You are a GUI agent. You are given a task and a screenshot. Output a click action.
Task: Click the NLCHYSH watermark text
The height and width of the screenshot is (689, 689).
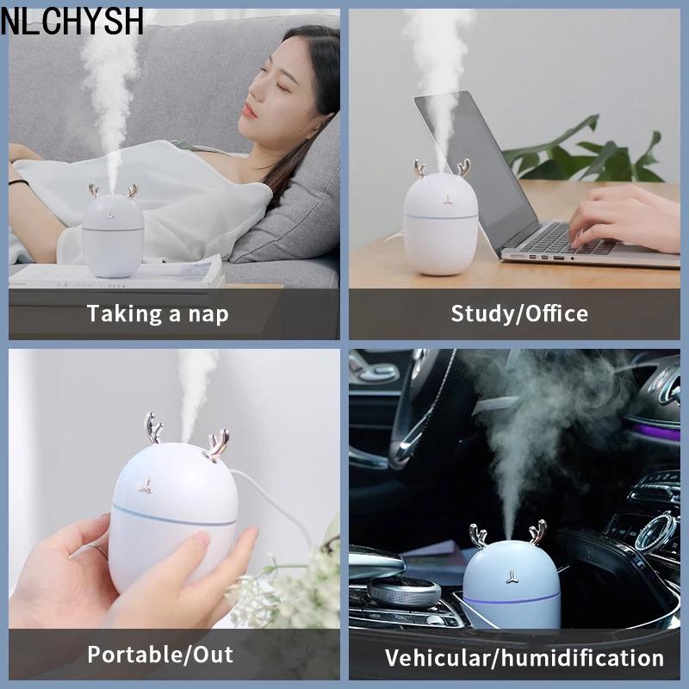72,21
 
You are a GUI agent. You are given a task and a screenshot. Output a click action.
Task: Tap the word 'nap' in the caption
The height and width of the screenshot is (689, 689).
208,314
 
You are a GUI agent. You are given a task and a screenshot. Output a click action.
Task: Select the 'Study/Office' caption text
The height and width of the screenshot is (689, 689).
519,313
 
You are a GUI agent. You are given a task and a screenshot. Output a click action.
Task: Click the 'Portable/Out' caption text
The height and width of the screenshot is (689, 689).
160,655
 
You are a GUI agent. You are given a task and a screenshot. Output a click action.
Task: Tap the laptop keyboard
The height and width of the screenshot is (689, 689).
567,239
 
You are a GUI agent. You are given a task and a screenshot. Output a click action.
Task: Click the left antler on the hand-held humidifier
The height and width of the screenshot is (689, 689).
153,427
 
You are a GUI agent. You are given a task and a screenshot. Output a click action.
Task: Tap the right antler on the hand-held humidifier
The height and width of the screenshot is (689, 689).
218,445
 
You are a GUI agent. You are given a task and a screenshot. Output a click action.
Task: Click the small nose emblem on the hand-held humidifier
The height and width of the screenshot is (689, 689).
146,485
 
